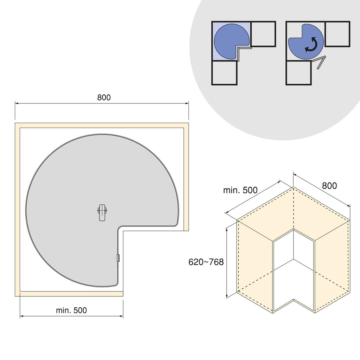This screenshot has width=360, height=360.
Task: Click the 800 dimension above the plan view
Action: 104,98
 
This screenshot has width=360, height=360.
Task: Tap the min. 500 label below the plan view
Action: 71,310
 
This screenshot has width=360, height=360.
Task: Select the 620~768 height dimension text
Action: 206,262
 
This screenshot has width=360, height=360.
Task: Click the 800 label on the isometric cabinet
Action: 329,186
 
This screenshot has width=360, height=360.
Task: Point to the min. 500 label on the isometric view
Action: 240,190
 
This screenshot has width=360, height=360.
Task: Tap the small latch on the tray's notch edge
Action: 118,258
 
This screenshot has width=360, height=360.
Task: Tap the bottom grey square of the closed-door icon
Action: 224,73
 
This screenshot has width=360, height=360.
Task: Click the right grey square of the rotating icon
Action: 337,34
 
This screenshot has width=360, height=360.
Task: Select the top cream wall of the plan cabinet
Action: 102,126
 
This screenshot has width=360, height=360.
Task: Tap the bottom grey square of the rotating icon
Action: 298,73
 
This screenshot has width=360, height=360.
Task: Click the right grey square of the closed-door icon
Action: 263,34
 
